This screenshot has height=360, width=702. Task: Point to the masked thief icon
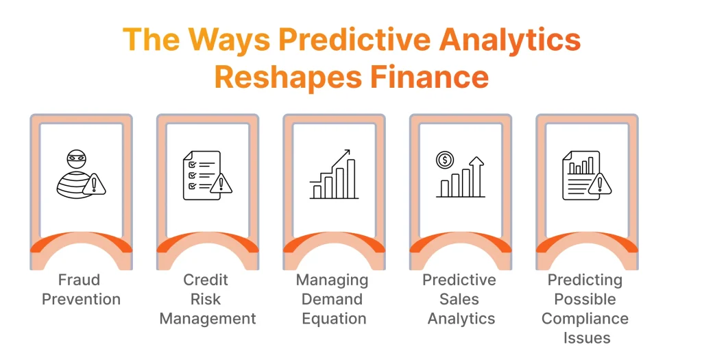click(x=77, y=173)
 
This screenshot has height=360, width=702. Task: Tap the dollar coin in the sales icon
click(x=444, y=160)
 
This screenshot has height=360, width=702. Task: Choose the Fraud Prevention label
click(x=81, y=289)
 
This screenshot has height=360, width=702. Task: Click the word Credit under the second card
click(x=206, y=280)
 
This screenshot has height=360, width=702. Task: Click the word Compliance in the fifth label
click(x=585, y=318)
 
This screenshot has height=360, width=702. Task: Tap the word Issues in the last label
click(x=585, y=337)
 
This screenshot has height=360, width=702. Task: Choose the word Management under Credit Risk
click(x=208, y=318)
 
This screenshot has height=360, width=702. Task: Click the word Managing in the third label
click(x=332, y=280)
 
